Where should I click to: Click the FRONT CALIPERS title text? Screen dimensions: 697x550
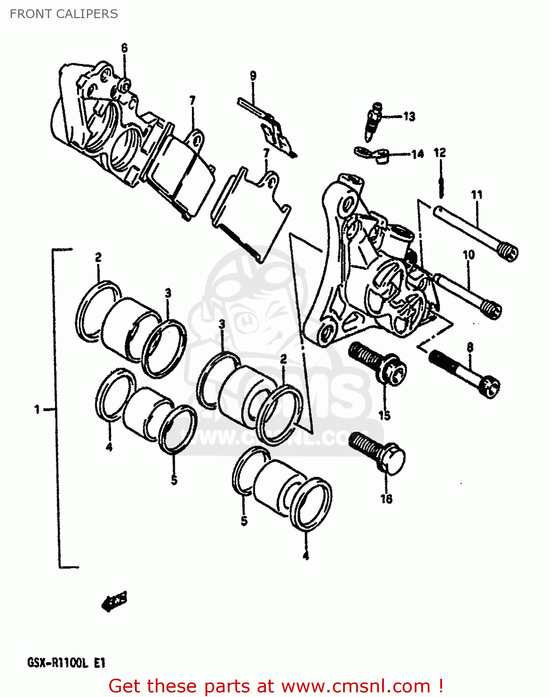(64, 14)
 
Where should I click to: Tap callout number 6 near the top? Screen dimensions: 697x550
(124, 48)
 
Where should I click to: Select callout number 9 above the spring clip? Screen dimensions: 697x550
(253, 76)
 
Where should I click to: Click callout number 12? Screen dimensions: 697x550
(439, 152)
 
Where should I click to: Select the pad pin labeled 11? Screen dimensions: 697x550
(476, 232)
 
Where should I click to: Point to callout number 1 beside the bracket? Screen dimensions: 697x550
(37, 409)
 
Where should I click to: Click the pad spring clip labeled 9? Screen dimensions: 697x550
(267, 126)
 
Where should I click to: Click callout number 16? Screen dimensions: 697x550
(386, 499)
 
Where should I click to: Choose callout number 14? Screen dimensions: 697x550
(417, 154)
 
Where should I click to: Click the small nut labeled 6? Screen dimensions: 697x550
(125, 85)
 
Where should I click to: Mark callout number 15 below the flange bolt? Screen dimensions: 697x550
(384, 415)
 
